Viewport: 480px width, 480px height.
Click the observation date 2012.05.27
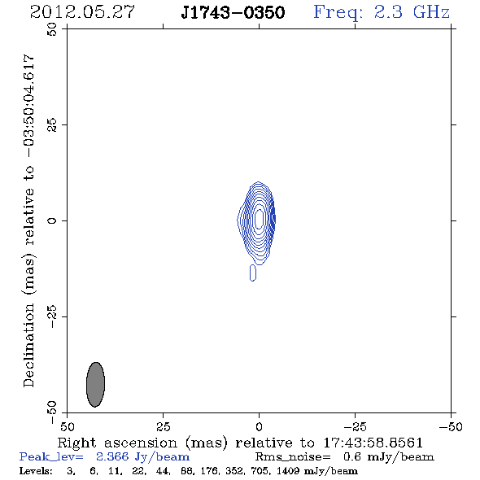[82, 12]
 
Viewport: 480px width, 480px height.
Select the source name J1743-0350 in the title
[233, 12]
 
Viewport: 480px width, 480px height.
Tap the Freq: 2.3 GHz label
[382, 13]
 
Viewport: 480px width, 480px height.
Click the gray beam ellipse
[95, 385]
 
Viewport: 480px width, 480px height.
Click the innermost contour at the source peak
[260, 219]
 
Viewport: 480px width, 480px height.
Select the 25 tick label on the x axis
[163, 427]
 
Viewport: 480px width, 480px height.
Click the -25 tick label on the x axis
[355, 427]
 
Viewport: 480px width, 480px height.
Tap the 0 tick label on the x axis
[259, 427]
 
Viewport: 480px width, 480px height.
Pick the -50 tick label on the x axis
[451, 427]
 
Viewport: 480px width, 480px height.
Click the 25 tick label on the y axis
[52, 125]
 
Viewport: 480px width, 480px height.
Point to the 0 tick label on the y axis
[52, 220]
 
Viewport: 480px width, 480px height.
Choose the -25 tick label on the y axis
[52, 316]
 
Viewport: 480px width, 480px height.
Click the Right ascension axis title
[240, 443]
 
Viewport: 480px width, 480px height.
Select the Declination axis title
[29, 220]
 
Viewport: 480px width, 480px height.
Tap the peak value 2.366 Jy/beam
[142, 457]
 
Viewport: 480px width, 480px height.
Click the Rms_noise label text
[293, 457]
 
